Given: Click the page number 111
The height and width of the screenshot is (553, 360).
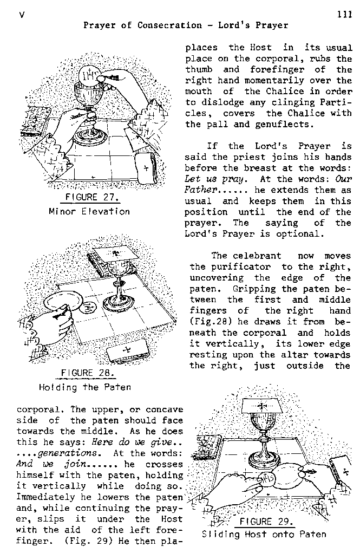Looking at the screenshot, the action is click(344, 15).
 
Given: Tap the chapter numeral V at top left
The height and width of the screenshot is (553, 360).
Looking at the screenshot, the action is click(22, 15).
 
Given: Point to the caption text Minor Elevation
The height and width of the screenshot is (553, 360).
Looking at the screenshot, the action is click(89, 212).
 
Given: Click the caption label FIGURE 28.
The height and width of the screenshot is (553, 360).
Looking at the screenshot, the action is click(88, 373).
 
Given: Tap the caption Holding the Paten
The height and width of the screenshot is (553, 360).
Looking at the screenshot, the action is click(85, 387).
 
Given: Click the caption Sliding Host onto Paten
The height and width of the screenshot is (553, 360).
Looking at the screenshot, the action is click(264, 535).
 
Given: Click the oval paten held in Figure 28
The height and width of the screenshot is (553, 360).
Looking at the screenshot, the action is click(63, 303).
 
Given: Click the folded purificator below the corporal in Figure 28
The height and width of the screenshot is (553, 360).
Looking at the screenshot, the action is click(129, 352).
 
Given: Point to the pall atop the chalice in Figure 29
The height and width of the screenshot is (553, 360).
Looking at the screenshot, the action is click(262, 407).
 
